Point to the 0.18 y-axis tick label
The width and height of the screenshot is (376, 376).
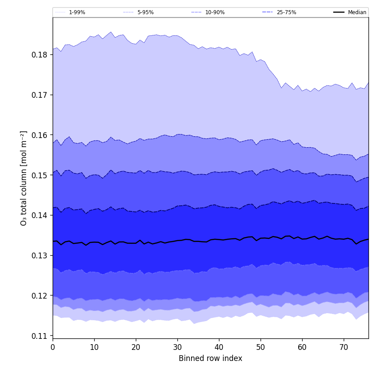point(38,55)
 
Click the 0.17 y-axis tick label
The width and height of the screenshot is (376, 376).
point(38,95)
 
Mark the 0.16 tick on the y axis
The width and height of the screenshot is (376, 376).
point(38,135)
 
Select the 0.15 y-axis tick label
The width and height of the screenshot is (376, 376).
point(38,175)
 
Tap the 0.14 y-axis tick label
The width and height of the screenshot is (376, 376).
point(38,215)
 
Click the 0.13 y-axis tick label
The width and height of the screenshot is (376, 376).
point(38,256)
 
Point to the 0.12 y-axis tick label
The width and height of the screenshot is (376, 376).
point(38,295)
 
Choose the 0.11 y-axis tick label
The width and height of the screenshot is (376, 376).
point(38,336)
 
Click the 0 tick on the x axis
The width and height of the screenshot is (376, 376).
point(53,347)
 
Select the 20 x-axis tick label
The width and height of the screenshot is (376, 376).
point(136,347)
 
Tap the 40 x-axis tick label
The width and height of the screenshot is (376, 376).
point(219,347)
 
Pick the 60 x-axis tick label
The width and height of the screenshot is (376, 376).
point(302,347)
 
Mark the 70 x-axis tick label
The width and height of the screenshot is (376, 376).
point(344,347)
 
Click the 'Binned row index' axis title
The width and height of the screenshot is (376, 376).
point(211,359)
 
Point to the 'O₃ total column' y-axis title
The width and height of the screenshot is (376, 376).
point(24,178)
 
